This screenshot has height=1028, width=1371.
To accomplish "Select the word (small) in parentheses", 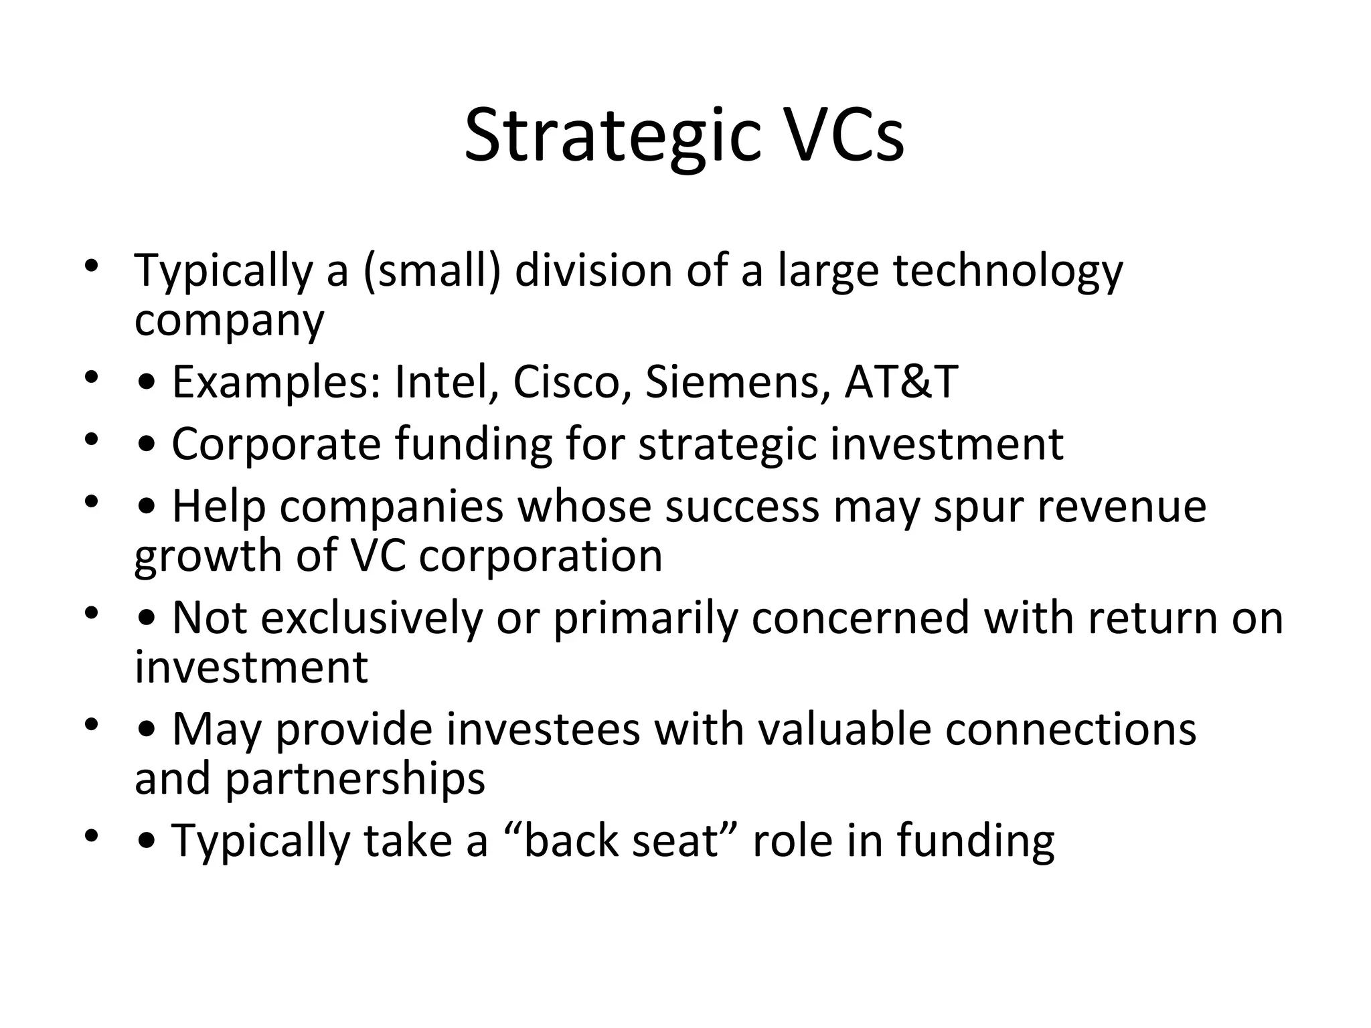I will [432, 271].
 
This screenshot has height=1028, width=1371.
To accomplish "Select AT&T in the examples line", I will [901, 382].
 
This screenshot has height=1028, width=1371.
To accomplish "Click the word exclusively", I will [371, 618].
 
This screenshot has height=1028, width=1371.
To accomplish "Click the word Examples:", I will [277, 382].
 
